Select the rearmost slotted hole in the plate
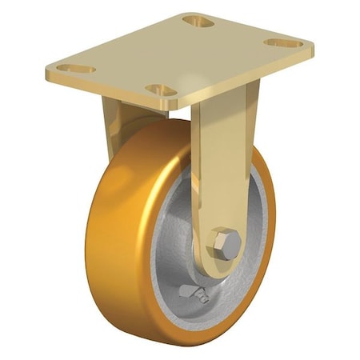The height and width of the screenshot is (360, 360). tap(198, 20)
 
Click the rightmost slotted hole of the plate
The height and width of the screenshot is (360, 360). tap(284, 42)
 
